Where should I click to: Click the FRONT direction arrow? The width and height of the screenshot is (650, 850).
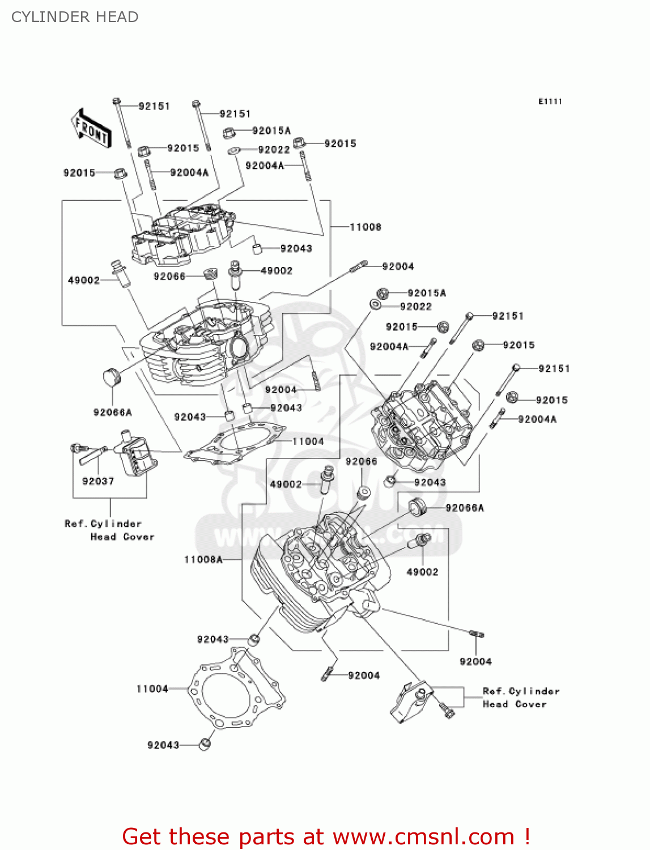(x=91, y=128)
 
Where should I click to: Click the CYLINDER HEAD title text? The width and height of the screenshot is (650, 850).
(x=75, y=17)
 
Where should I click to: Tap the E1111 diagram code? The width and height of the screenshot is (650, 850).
(x=550, y=101)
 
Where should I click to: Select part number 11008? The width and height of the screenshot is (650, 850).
(x=366, y=227)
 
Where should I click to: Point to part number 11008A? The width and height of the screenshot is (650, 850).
(x=203, y=560)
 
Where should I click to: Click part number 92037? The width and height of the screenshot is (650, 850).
(x=98, y=481)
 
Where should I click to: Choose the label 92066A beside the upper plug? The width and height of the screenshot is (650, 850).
(x=113, y=413)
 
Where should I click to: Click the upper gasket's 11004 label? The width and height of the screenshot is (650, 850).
(x=308, y=441)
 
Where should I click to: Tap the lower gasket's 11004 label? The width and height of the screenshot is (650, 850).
(x=152, y=689)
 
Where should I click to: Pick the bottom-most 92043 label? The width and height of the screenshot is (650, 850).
(x=163, y=745)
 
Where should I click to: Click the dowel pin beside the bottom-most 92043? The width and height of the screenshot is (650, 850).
(x=205, y=744)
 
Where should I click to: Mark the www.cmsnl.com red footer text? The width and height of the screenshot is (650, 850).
(x=423, y=837)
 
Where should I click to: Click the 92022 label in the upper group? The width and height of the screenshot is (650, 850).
(x=274, y=150)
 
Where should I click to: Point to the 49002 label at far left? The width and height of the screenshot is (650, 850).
(x=83, y=280)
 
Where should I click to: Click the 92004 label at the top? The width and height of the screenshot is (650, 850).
(x=398, y=267)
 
